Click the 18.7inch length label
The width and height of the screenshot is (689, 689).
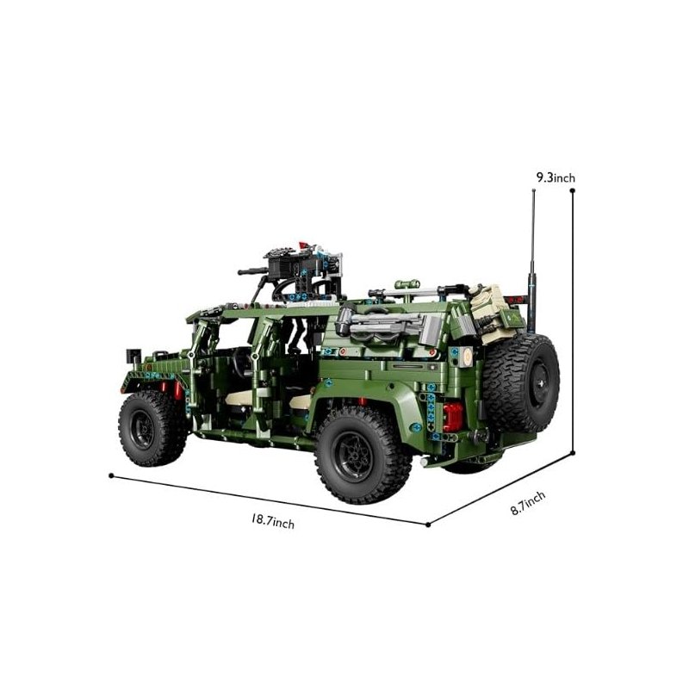pyautogui.click(x=273, y=522)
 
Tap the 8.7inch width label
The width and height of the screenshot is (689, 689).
pyautogui.click(x=528, y=503)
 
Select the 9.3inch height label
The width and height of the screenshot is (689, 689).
pyautogui.click(x=556, y=177)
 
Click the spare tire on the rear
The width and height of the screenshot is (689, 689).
pyautogui.click(x=521, y=382)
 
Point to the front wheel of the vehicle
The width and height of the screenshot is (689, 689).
pyautogui.click(x=152, y=428)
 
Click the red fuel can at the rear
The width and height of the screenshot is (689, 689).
pyautogui.click(x=453, y=418)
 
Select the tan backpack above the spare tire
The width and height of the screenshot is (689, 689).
pyautogui.click(x=490, y=313)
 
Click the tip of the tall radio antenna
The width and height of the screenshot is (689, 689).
pyautogui.click(x=533, y=190)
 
